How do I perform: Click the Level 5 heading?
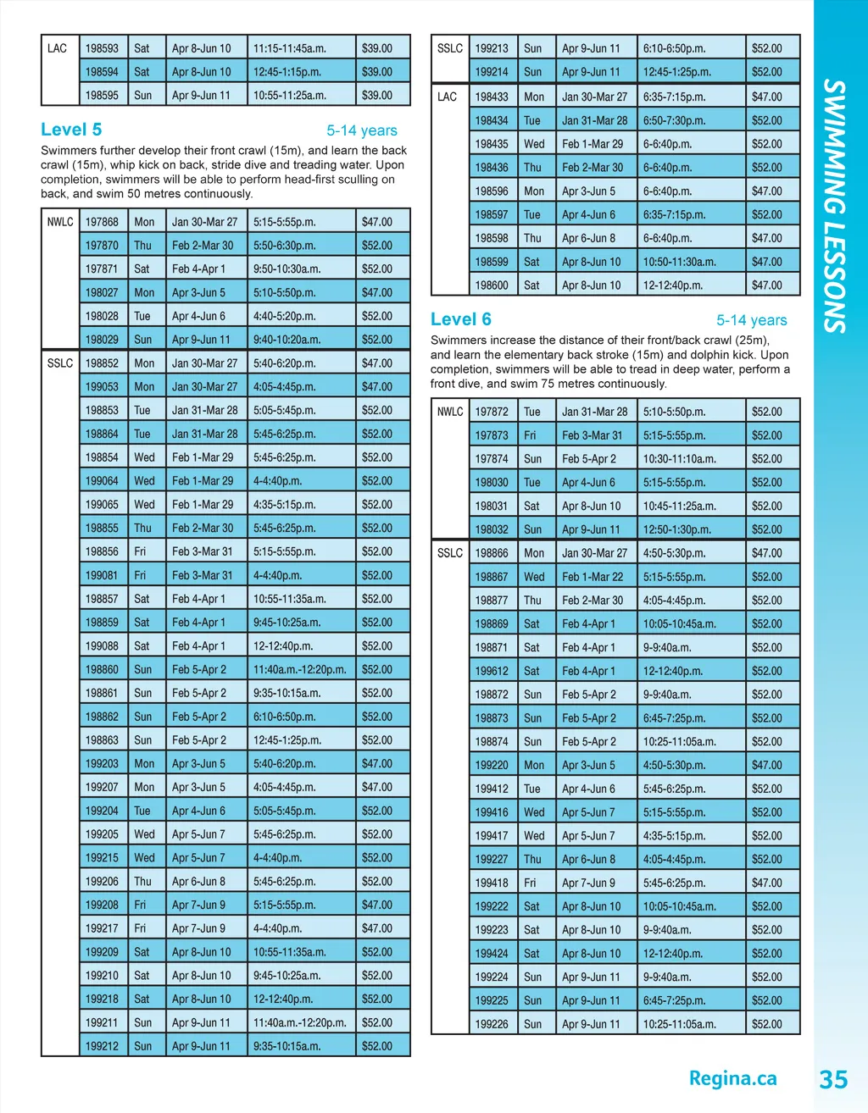pos(71,130)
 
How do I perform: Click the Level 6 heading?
pos(460,319)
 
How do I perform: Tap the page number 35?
pos(833,1079)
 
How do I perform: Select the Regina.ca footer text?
pos(732,1078)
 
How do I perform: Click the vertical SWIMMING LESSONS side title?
pos(835,207)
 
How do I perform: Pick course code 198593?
pos(102,48)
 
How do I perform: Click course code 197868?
pos(102,222)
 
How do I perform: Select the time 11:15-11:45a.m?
pos(290,48)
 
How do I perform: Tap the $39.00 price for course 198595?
pos(377,96)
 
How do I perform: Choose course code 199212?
pos(102,1046)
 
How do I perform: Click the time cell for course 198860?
pos(300,669)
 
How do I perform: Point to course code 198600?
pos(492,285)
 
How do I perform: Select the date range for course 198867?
pos(593,577)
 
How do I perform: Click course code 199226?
pos(492,1024)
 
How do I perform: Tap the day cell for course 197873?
pos(530,435)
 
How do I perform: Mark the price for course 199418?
pos(767,883)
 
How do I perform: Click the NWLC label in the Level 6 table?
pos(450,412)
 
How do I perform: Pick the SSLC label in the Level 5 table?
pos(60,363)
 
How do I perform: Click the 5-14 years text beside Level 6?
pos(751,320)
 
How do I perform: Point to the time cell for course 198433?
pos(674,97)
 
